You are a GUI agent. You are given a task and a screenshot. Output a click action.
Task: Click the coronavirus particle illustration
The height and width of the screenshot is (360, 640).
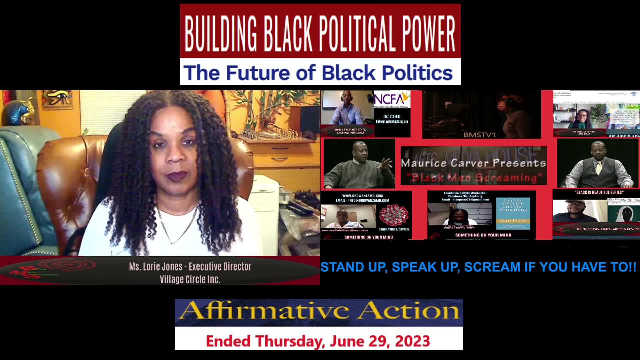coord(394,215)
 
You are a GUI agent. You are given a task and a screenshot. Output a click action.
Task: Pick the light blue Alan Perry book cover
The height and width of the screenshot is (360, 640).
coord(513,213)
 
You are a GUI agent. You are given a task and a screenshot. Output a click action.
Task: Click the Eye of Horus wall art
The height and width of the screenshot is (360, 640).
coord(57,99)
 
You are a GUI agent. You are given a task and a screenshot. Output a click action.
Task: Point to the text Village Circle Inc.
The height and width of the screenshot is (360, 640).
coord(190,279)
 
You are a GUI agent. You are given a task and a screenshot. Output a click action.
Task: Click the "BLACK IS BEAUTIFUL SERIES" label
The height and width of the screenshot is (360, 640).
coord(599,192)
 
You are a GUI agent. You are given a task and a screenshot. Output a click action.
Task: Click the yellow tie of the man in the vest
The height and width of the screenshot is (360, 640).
coord(599,168)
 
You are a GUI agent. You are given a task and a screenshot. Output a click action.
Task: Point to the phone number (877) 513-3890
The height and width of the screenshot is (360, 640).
coord(392,116)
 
